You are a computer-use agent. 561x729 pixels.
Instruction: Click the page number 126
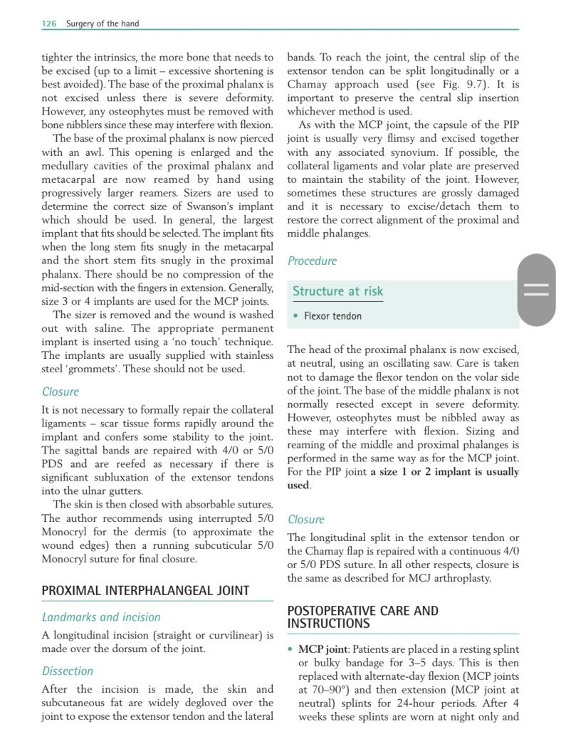[x=50, y=23]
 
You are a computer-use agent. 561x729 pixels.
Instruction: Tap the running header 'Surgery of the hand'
[x=103, y=23]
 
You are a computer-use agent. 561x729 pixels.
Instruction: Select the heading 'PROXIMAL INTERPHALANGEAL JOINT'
[x=145, y=590]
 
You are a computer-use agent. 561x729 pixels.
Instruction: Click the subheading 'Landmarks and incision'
[x=101, y=617]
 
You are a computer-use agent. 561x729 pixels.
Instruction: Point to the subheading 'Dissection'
[x=68, y=671]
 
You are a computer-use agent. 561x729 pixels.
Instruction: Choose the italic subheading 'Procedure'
[x=312, y=261]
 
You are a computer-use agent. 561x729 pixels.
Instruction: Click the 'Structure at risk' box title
[x=337, y=291]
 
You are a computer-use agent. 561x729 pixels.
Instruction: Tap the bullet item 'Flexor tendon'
[x=332, y=316]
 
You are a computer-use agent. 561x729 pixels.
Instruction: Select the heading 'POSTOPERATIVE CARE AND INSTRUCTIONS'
[x=362, y=617]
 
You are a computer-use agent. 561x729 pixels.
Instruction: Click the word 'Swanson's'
[x=206, y=206]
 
